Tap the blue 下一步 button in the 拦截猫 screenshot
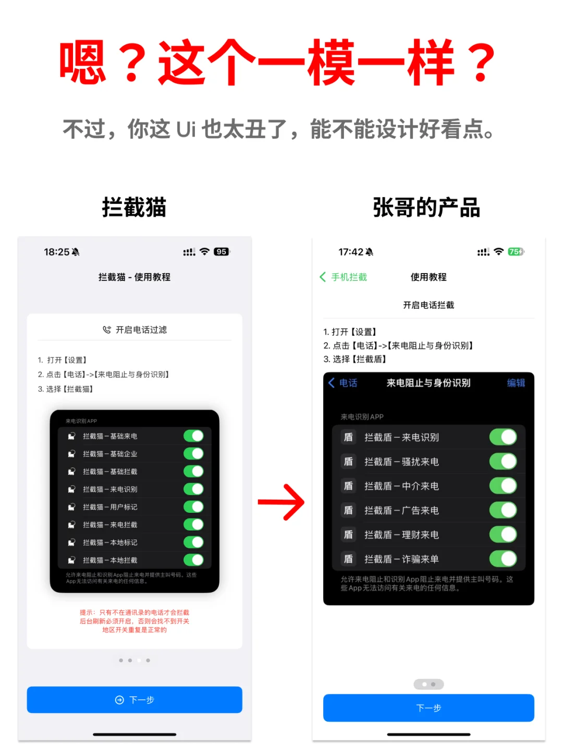pos(134,699)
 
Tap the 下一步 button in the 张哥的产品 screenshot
pos(429,708)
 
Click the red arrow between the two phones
pos(281,502)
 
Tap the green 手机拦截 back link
pos(344,277)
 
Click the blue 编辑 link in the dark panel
pos(516,383)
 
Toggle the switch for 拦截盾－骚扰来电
pos(503,462)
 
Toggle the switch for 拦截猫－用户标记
pos(193,507)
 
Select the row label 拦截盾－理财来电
pos(401,535)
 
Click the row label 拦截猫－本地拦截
pos(110,560)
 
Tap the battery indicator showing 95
pos(222,252)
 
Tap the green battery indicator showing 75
pos(516,252)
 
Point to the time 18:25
pos(56,252)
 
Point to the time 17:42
pos(351,252)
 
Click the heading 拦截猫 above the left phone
pos(134,207)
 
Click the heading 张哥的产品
pos(426,207)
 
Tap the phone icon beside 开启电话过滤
pos(107,330)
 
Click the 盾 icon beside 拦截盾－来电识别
pos(348,437)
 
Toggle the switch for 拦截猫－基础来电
pos(193,436)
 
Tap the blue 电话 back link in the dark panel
pos(343,383)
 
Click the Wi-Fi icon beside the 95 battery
pos(205,252)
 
